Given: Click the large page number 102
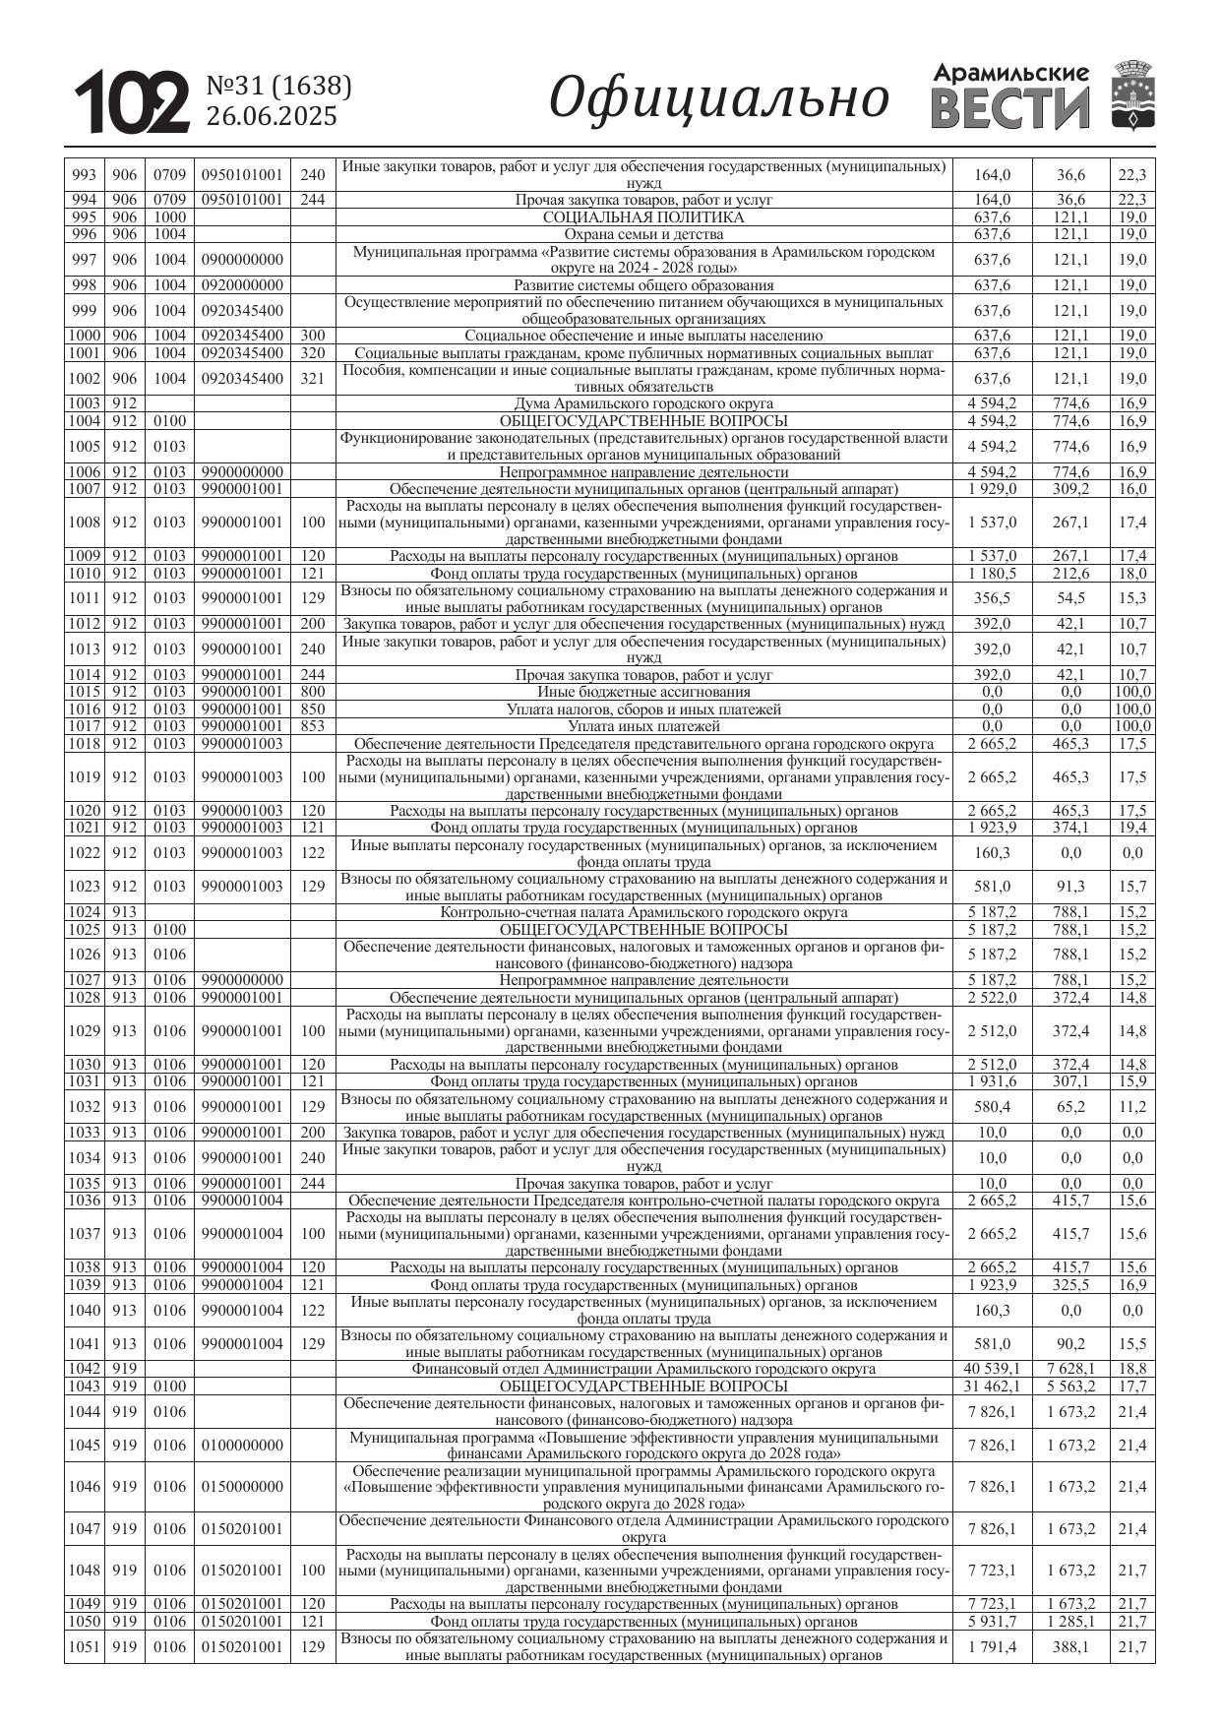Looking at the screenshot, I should (133, 101).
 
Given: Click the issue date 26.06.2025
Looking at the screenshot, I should (271, 116).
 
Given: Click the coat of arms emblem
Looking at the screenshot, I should (1132, 94).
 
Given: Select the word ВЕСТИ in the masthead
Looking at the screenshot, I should (1009, 107).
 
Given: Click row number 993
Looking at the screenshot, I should (85, 175).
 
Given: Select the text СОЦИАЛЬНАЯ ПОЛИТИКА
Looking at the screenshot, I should (643, 217).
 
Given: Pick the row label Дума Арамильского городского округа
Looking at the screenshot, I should (643, 403).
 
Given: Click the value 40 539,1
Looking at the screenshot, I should (992, 1369).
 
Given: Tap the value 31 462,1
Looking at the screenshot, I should (992, 1387).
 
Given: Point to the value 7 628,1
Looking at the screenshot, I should (1070, 1369).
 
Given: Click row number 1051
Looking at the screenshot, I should (85, 1647).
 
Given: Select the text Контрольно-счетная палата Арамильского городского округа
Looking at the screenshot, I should (643, 912).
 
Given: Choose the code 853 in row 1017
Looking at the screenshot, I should (313, 726).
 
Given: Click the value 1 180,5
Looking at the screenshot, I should (992, 574).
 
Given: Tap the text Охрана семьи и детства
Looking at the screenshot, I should (643, 234).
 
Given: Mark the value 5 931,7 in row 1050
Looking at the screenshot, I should (992, 1622).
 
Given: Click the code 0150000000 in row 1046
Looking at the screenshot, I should (242, 1487).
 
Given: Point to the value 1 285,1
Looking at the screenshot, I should (1070, 1622).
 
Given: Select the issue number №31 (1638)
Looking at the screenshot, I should (278, 87).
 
